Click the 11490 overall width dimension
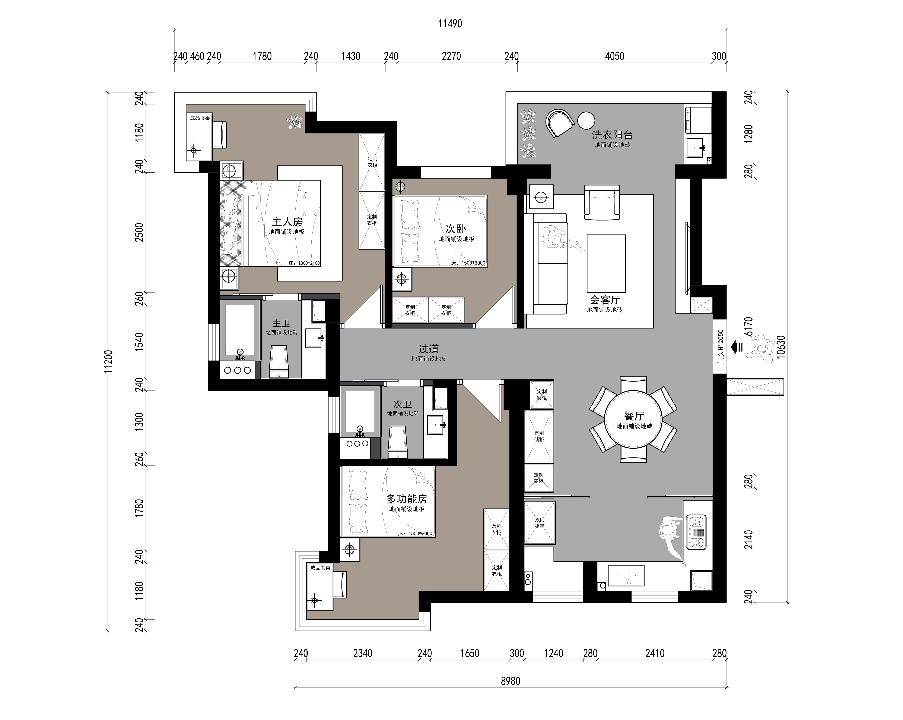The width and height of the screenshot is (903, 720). coord(450,23)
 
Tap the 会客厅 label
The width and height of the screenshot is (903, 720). coord(605,300)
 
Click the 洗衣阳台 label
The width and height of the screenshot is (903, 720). coord(612,135)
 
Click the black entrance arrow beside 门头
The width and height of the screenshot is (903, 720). coord(736,347)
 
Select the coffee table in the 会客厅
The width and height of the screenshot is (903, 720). coord(606,263)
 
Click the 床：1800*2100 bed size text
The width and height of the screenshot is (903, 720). coord(305,263)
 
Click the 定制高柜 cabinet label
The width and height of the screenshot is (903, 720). coord(539,478)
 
